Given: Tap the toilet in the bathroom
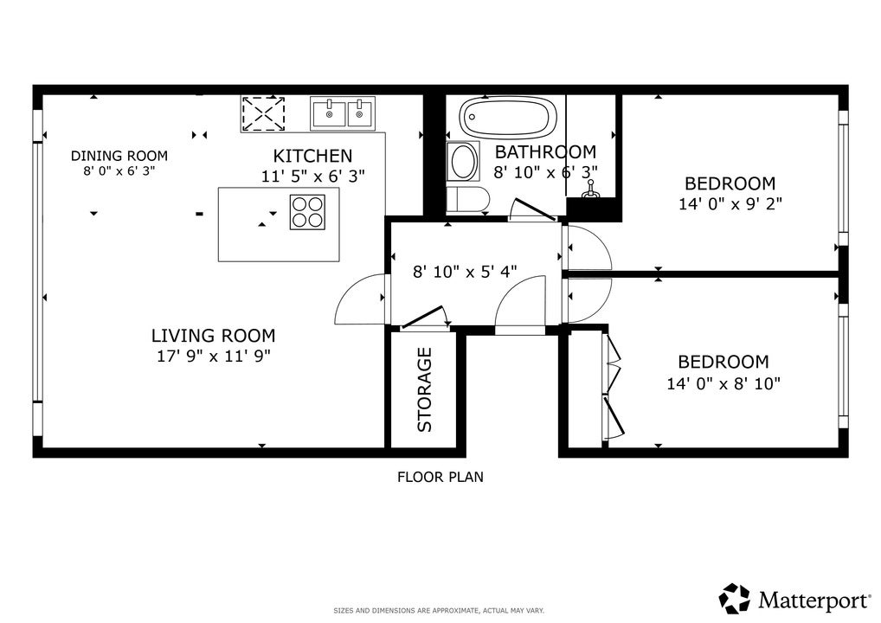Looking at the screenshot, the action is [468, 199].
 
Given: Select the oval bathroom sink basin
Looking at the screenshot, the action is [464, 161].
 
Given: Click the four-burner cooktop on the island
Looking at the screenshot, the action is [307, 212].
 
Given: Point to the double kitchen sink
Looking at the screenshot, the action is [343, 112].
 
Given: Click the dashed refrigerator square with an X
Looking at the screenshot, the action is [263, 114].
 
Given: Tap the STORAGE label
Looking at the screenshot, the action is [425, 390].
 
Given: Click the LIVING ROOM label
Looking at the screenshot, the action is [214, 336].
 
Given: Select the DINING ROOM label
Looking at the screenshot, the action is [119, 156].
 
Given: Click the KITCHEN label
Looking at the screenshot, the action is [313, 156].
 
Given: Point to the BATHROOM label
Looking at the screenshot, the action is [545, 151].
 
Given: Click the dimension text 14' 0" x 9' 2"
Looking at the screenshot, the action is [730, 203].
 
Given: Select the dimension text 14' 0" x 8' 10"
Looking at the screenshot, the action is [723, 383].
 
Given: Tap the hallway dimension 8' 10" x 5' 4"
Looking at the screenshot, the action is [466, 272].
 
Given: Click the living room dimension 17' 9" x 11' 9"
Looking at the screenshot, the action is [214, 356].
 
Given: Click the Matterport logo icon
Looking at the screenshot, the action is [735, 598].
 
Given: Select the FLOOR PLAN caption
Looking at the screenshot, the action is [440, 477].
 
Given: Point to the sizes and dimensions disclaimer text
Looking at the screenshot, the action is [439, 611].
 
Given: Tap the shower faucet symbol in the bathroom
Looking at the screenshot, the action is [590, 189].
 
